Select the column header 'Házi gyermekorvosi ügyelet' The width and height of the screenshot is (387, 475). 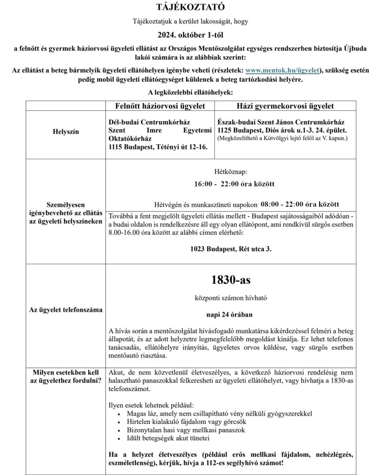click(x=285, y=106)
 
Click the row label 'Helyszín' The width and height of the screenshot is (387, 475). click(x=65, y=132)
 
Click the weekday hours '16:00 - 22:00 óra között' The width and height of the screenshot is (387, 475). click(x=234, y=184)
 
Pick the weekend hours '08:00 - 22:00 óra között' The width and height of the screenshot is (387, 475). click(x=300, y=204)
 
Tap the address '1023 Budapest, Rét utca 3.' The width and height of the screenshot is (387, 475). click(x=231, y=249)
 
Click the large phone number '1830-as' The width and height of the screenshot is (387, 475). click(x=231, y=280)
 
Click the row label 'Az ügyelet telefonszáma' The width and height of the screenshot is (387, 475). click(x=65, y=310)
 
